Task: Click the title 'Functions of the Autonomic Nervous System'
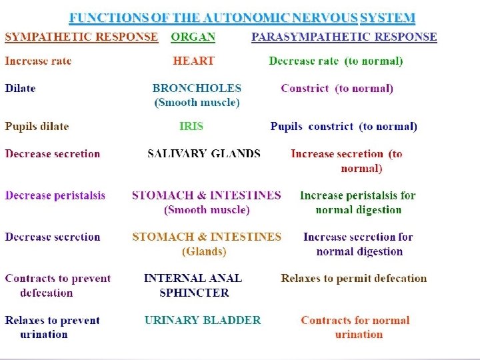click(x=243, y=18)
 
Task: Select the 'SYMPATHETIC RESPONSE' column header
click(x=81, y=37)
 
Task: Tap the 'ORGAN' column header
click(x=193, y=37)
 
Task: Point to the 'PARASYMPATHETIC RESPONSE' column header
click(x=344, y=37)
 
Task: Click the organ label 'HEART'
click(x=193, y=61)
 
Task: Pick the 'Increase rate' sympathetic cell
click(x=38, y=61)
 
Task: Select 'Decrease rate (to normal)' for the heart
click(x=336, y=61)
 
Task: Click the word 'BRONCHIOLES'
click(x=197, y=88)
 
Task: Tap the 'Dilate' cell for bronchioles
click(x=20, y=88)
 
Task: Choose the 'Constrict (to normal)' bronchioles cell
click(x=337, y=88)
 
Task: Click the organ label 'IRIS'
click(x=191, y=126)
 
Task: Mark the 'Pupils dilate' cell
click(x=37, y=126)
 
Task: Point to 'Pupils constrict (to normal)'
click(x=343, y=126)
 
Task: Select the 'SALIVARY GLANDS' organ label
click(x=204, y=154)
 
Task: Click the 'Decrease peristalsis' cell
click(x=55, y=196)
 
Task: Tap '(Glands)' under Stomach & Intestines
click(x=204, y=251)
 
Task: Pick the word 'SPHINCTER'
click(x=194, y=293)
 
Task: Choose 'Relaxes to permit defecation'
click(x=353, y=279)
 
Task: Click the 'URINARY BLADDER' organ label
click(x=203, y=321)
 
